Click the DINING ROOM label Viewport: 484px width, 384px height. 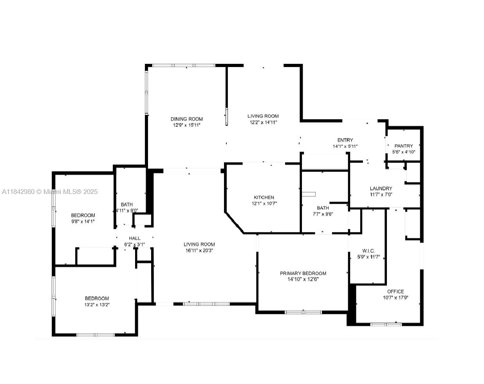click(186, 119)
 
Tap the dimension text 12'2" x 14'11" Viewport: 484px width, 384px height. click(263, 122)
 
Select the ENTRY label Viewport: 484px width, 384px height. click(345, 140)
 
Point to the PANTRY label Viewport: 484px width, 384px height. click(403, 146)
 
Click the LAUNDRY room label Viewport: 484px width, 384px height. click(381, 188)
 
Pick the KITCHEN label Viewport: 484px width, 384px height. click(264, 197)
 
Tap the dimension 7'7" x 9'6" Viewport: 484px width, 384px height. click(323, 214)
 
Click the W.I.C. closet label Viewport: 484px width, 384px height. click(368, 251)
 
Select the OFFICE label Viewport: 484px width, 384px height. click(396, 292)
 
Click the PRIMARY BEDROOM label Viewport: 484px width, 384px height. click(303, 273)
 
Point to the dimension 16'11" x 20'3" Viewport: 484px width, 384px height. click(199, 251)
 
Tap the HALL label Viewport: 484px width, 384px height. click(135, 238)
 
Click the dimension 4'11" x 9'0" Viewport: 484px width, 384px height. click(127, 210)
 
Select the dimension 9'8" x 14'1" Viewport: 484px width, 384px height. click(83, 221)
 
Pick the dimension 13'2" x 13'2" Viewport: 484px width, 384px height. click(97, 304)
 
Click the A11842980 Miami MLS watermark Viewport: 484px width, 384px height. click(50, 192)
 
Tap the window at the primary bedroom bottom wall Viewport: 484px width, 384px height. click(303, 312)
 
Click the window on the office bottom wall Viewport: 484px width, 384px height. click(386, 324)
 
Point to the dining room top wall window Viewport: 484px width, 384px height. click(183, 65)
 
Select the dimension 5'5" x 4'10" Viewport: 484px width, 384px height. click(403, 152)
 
